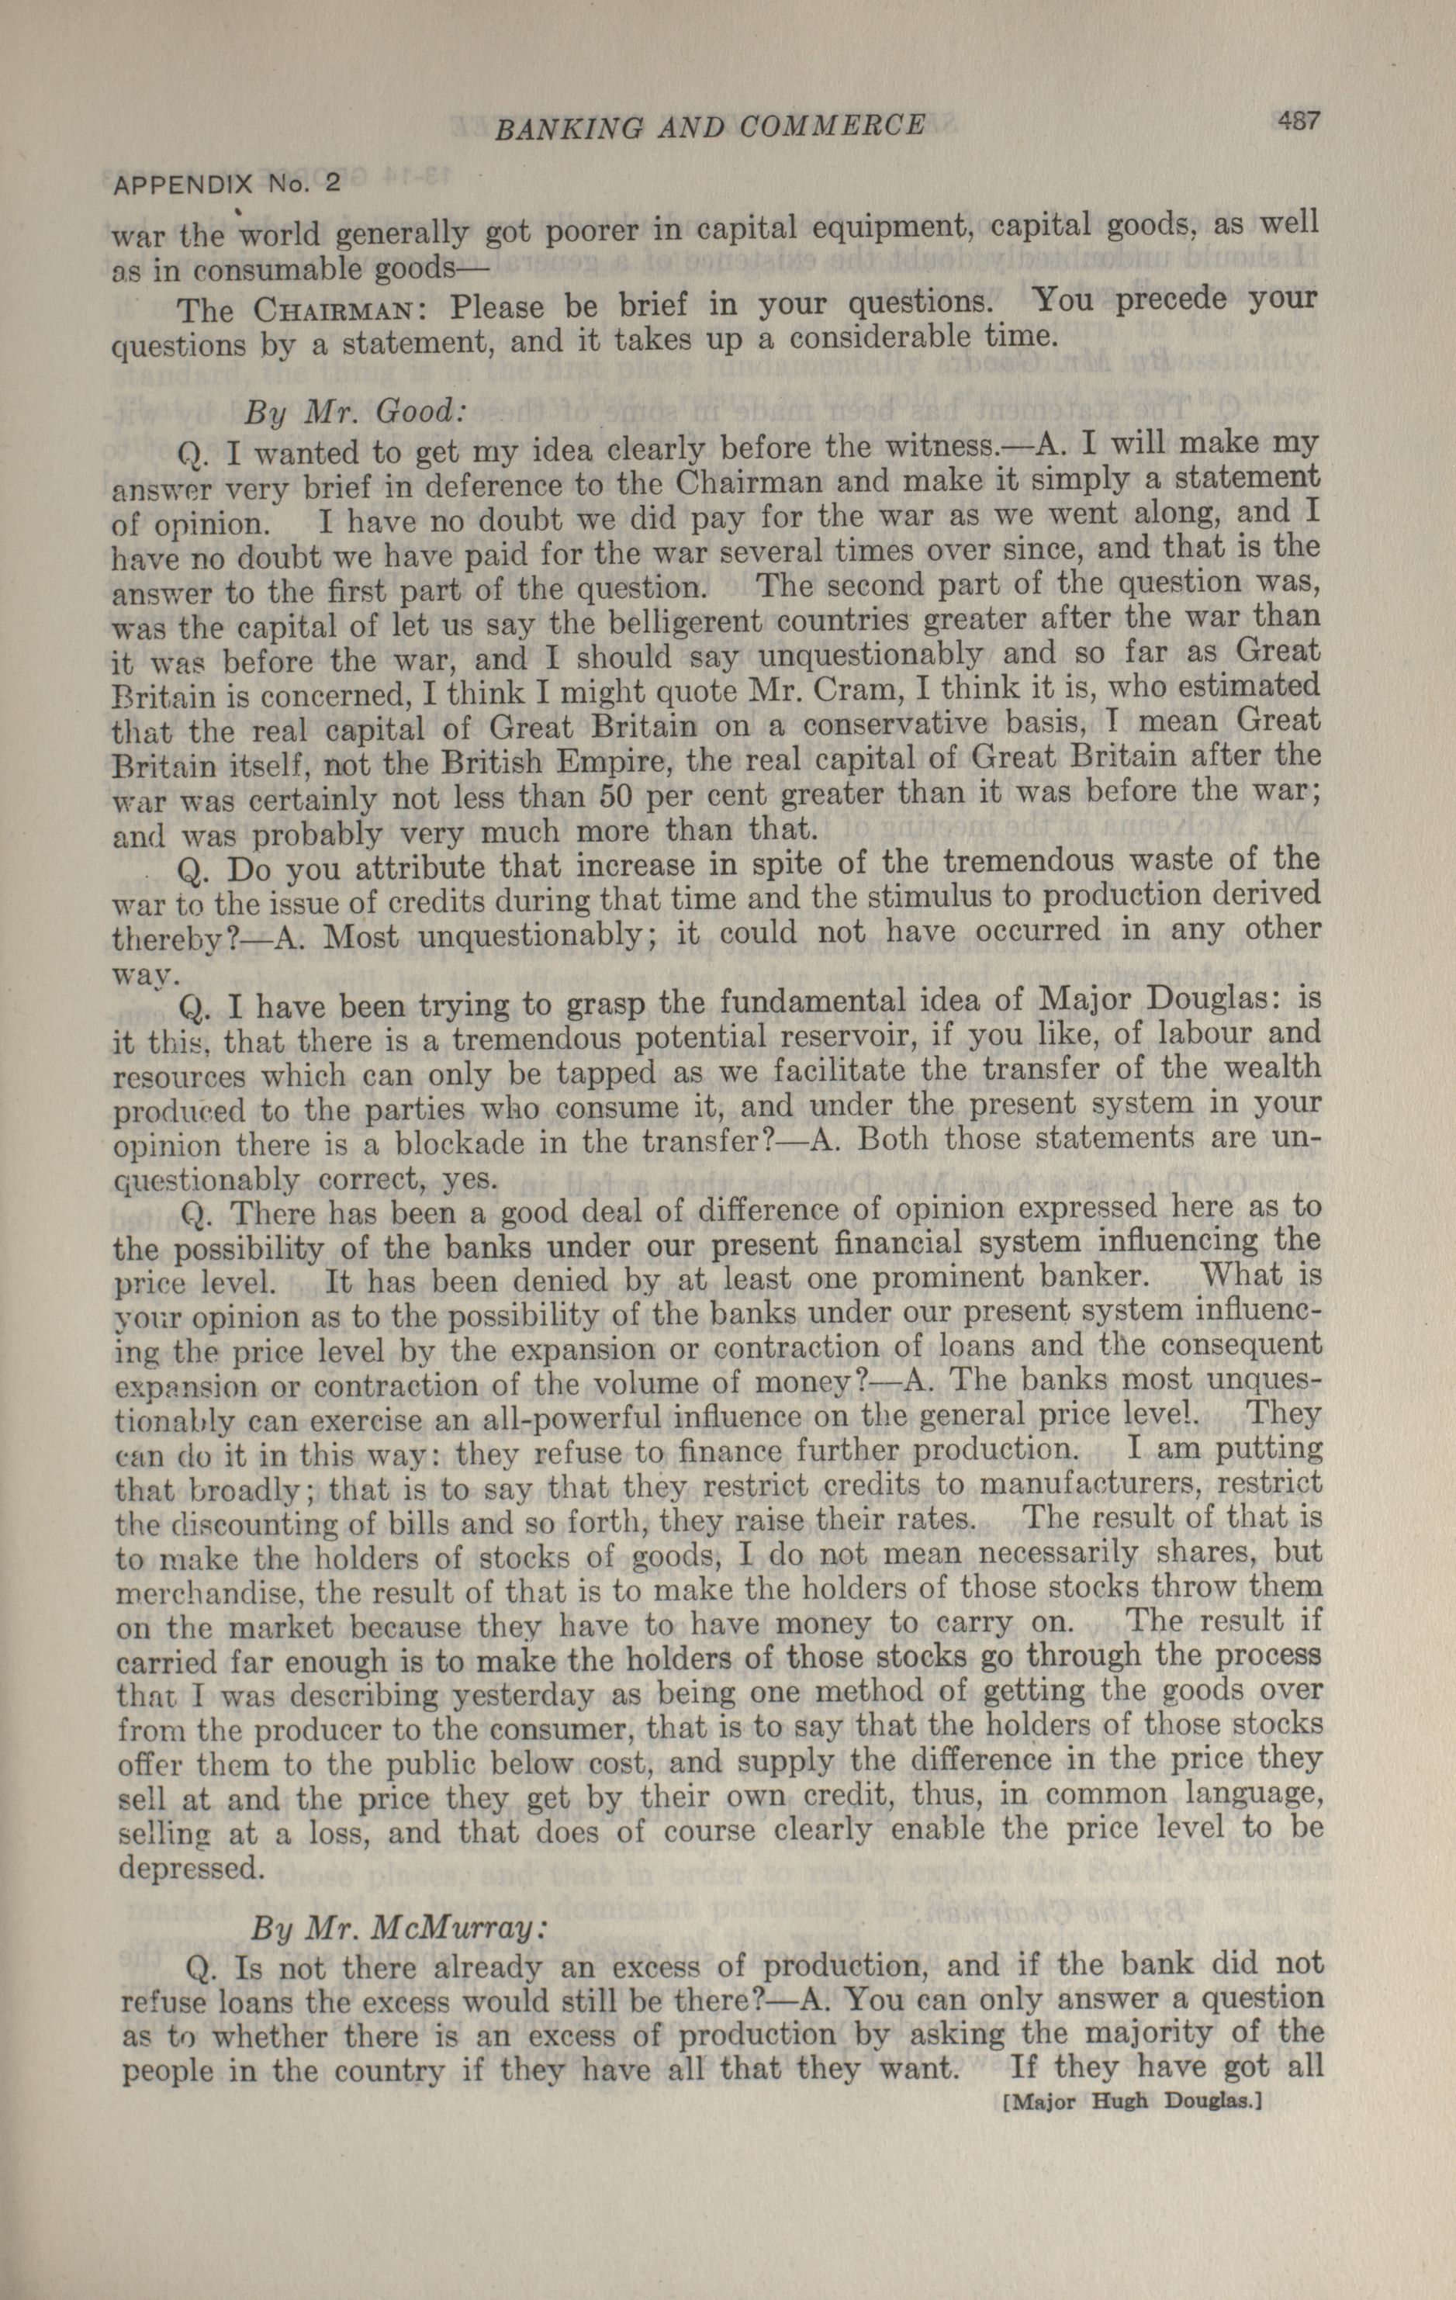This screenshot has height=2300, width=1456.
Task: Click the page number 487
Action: (x=1295, y=121)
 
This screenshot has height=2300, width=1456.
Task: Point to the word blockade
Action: (x=489, y=1143)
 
